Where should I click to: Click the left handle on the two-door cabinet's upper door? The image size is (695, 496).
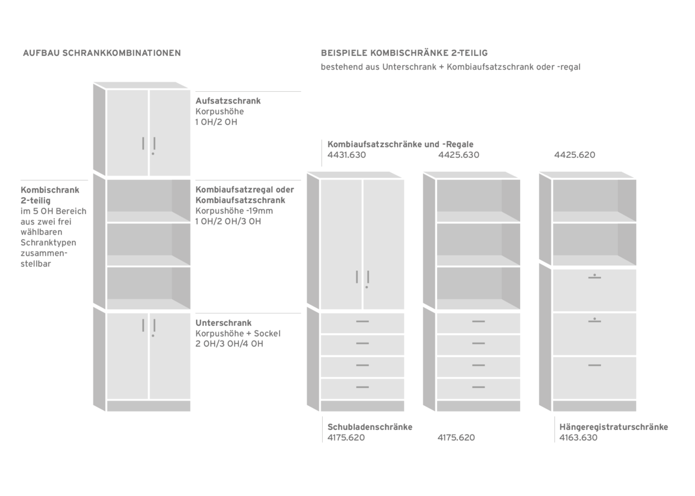tap(143, 144)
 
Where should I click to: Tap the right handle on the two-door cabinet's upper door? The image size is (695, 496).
tap(153, 145)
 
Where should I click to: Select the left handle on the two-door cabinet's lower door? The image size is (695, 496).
tap(143, 326)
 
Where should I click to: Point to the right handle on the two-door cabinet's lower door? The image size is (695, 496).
tap(153, 327)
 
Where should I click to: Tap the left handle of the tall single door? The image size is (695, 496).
tap(357, 277)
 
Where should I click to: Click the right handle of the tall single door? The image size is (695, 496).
tap(367, 278)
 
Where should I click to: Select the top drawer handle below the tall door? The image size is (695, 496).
tap(362, 321)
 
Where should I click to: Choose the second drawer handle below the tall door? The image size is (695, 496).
tap(362, 343)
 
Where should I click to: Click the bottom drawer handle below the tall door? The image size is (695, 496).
tap(362, 387)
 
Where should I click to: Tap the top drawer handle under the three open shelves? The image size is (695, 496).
tap(478, 321)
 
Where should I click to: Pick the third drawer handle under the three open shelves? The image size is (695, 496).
tap(478, 365)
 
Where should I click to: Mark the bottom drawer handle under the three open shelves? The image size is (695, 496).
tap(478, 387)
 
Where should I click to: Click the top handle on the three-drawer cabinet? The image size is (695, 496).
tap(595, 277)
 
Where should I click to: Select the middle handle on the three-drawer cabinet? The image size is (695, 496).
tap(595, 321)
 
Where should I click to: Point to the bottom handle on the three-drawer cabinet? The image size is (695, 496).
tap(595, 365)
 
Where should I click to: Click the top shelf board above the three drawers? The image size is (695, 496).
tap(594, 217)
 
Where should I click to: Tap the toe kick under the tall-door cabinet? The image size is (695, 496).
tap(372, 406)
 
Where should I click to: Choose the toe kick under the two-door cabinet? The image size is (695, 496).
tap(151, 406)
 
